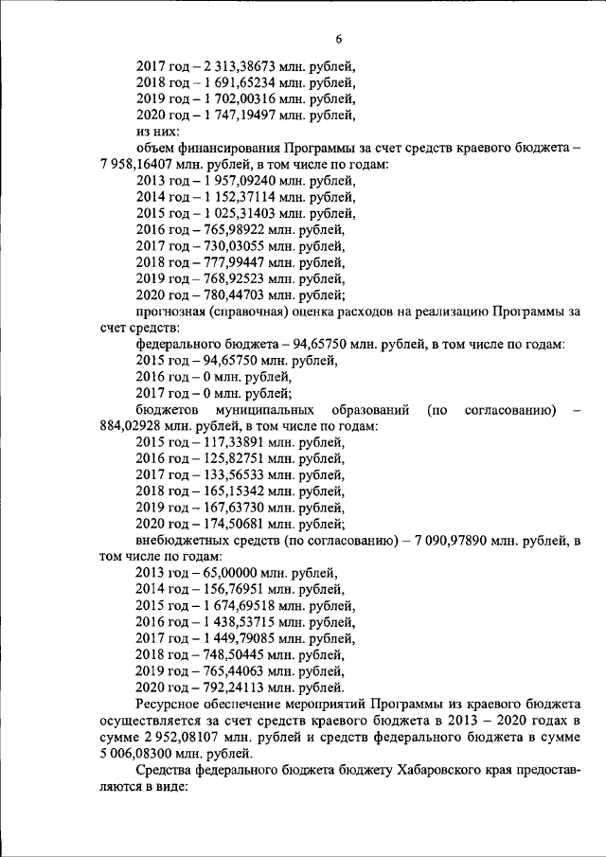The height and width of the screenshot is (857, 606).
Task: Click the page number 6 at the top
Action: pyautogui.click(x=337, y=38)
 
